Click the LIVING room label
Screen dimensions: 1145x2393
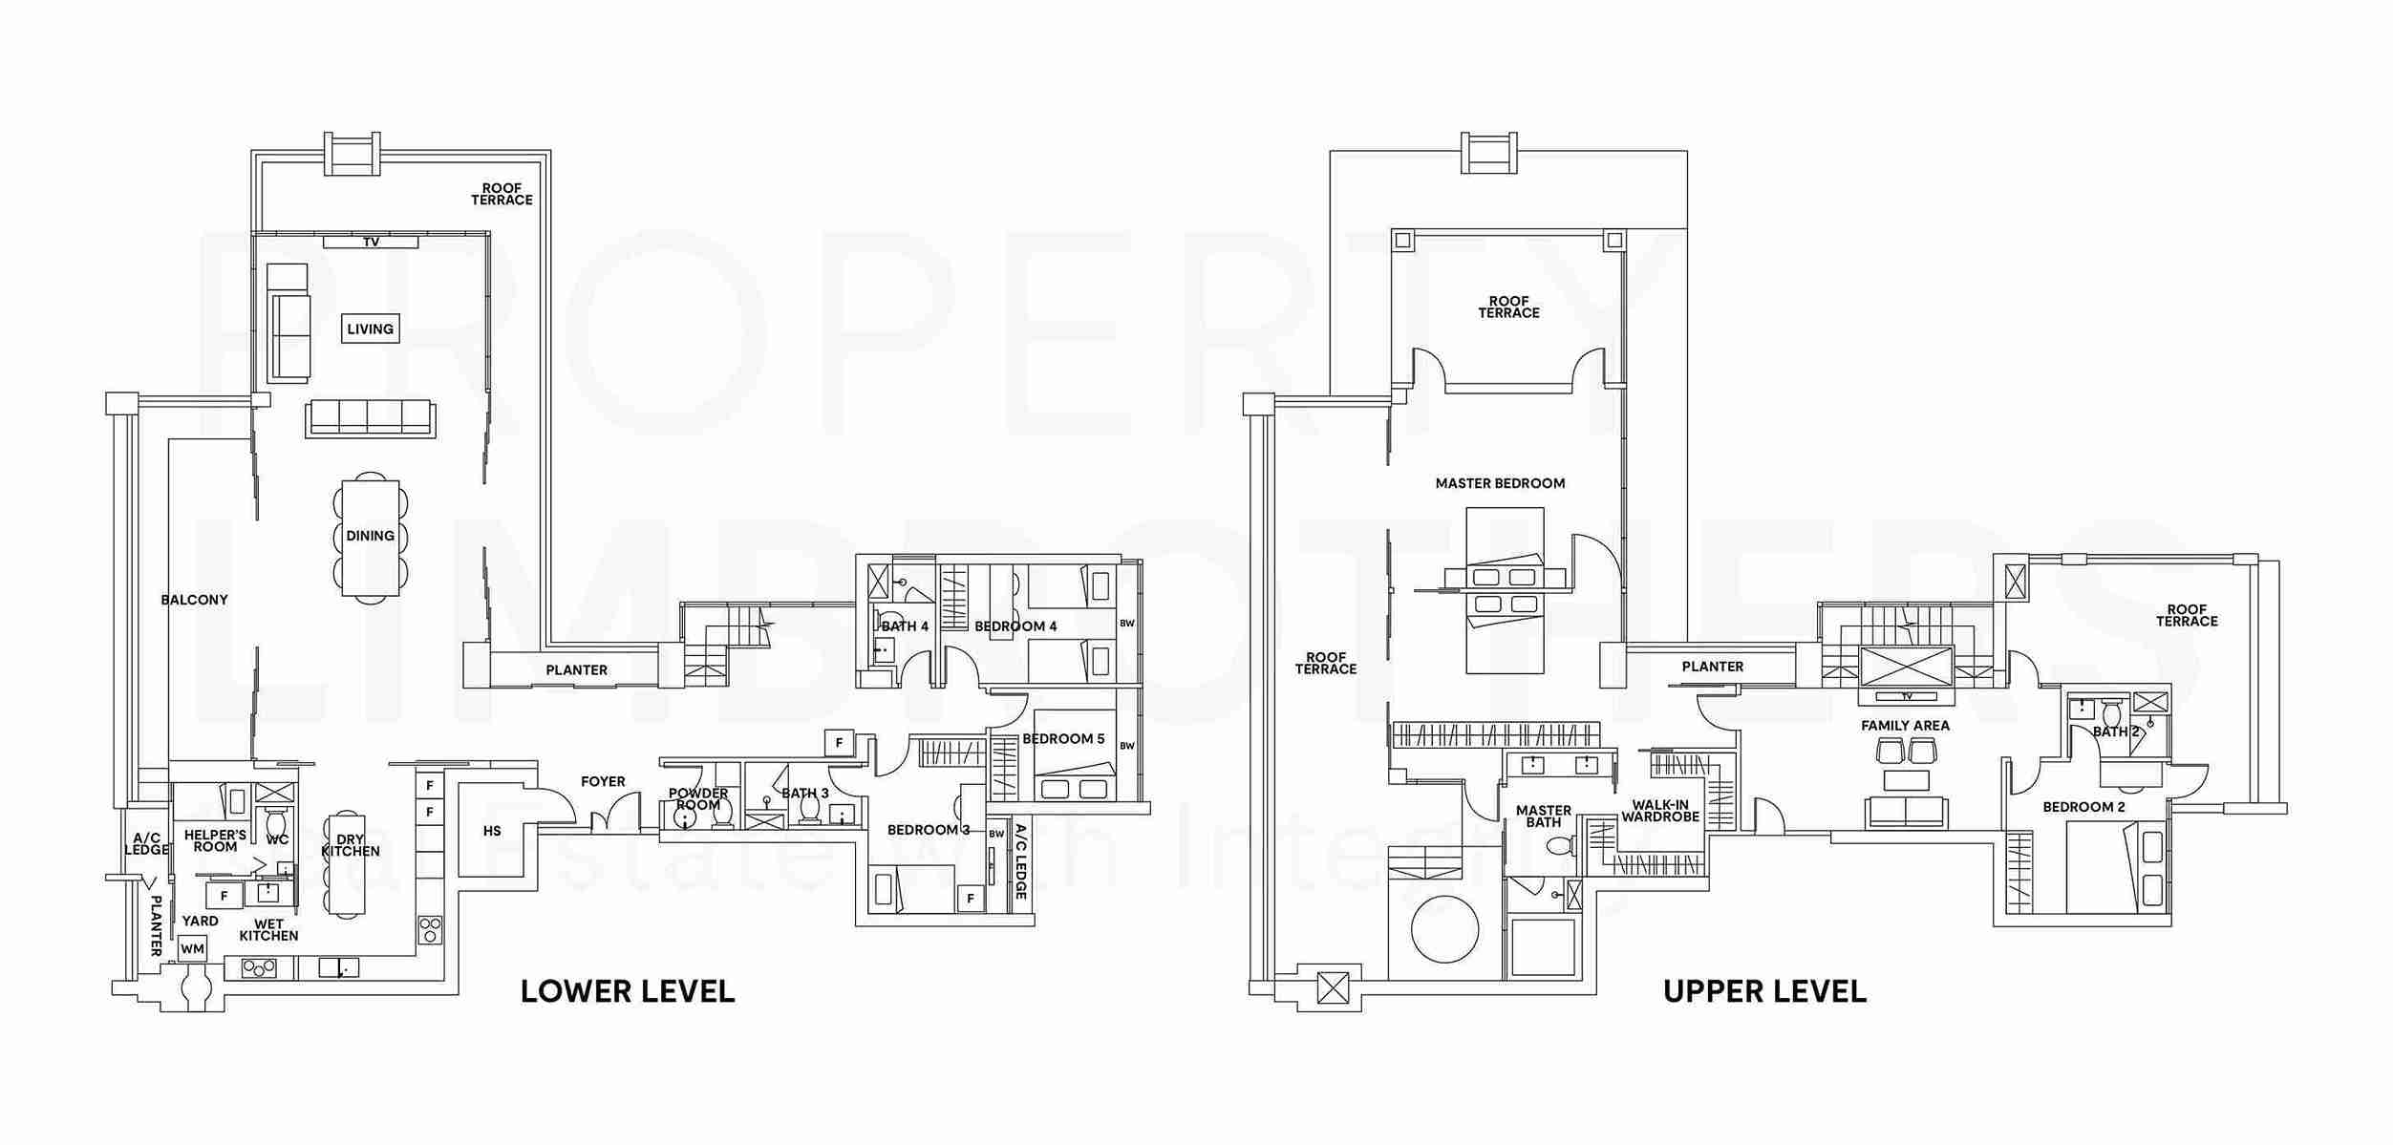coord(370,329)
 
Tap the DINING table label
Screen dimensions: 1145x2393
coord(370,536)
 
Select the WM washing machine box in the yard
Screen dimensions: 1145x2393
coord(192,948)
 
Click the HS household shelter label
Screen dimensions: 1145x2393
coord(492,831)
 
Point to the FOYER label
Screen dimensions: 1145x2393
coord(603,781)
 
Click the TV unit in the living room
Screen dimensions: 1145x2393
coord(371,242)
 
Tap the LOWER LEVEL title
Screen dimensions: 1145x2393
coord(628,991)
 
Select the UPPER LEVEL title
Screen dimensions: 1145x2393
coord(1764,991)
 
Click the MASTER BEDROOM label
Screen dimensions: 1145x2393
coord(1500,483)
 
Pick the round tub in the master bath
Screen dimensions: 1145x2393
coord(1444,928)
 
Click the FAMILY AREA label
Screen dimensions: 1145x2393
coord(1905,726)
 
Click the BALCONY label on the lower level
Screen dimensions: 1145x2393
coord(194,600)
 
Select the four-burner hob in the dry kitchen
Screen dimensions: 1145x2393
coord(429,929)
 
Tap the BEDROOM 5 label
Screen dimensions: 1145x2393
coord(1063,738)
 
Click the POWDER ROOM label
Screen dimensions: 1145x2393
coord(697,798)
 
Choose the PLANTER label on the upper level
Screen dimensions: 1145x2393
coord(1712,667)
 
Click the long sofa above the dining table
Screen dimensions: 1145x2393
coord(371,418)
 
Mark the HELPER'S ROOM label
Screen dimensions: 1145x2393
coord(215,840)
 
